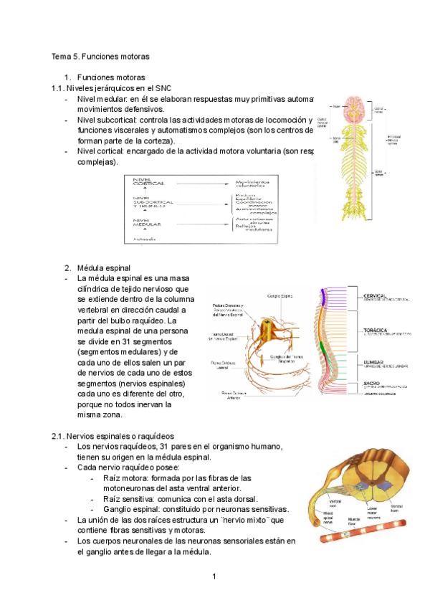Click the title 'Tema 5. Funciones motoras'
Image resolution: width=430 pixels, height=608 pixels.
(100, 55)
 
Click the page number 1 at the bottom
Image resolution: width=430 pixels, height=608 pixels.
(214, 576)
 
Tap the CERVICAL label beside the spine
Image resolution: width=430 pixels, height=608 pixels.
(377, 295)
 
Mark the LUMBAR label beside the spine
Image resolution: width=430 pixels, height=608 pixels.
(376, 363)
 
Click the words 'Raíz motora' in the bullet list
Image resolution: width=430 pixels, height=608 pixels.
(126, 478)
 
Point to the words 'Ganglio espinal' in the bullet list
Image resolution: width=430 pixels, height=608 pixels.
(134, 509)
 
